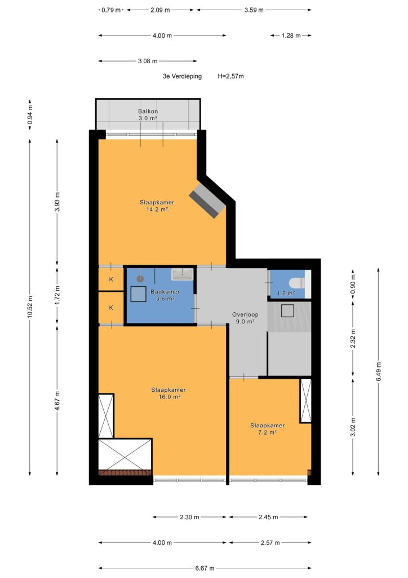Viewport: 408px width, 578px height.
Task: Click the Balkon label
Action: click(x=148, y=111)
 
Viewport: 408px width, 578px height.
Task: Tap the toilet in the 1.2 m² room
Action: click(x=297, y=283)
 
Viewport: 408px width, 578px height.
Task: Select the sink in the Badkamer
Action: click(x=183, y=274)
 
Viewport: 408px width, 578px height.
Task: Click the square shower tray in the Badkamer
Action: click(x=139, y=294)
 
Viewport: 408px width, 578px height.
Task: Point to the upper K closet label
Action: click(x=111, y=279)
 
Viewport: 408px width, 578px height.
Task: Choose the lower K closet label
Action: click(x=111, y=308)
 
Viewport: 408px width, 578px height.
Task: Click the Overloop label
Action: click(x=245, y=314)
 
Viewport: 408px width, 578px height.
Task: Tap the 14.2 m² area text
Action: click(x=157, y=209)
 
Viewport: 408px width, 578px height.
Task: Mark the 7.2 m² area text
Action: click(x=268, y=432)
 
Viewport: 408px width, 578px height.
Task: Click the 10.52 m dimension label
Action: click(x=30, y=306)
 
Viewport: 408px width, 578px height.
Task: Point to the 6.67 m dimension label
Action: click(x=205, y=568)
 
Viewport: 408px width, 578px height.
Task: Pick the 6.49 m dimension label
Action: click(x=379, y=372)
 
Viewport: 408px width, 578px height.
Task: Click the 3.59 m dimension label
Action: click(x=254, y=10)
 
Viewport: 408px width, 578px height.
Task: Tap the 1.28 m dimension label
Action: click(x=291, y=36)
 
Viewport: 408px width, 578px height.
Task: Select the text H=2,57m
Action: click(x=230, y=76)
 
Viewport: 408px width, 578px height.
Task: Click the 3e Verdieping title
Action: click(x=182, y=76)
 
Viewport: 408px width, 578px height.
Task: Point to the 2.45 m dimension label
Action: click(x=268, y=517)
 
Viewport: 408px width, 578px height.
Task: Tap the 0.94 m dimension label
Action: click(x=30, y=115)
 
